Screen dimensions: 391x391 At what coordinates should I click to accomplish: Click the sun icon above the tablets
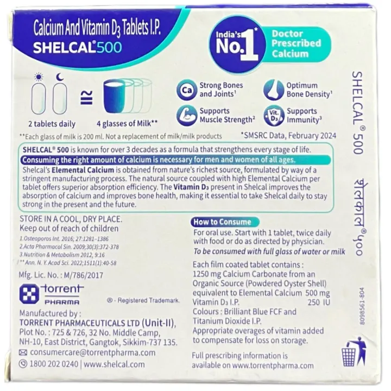[39, 76]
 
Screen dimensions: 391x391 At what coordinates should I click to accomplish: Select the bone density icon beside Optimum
[274, 90]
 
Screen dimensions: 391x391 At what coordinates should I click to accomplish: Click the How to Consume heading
[223, 222]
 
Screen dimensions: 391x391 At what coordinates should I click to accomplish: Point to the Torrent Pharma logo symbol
[28, 294]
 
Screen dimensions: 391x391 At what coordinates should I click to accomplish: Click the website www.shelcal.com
[114, 365]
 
